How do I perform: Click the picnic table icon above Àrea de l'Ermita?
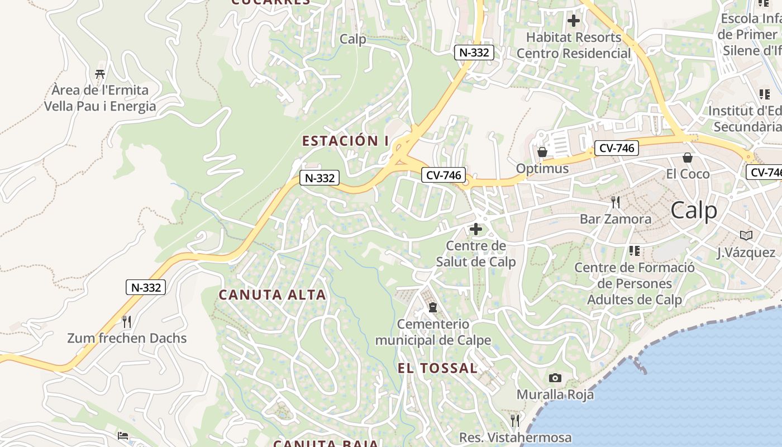(100, 74)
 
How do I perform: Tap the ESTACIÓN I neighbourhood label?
(345, 141)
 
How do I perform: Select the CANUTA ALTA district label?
(272, 295)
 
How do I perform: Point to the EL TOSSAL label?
(437, 368)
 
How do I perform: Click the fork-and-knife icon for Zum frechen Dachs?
(127, 322)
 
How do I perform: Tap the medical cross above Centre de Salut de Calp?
(476, 229)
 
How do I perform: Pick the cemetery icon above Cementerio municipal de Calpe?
(432, 307)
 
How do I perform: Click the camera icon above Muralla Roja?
(555, 378)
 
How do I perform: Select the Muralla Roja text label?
(555, 394)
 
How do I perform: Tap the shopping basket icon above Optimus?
(542, 152)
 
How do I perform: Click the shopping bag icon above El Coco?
(688, 158)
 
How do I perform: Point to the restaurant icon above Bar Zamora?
(616, 202)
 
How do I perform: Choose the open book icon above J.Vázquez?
(746, 236)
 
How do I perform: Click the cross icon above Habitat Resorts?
(573, 21)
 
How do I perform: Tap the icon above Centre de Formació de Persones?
(634, 251)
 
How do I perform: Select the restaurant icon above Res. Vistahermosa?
(515, 420)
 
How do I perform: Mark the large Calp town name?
(694, 211)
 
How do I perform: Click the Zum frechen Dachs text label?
(127, 338)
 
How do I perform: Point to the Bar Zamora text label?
(616, 218)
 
